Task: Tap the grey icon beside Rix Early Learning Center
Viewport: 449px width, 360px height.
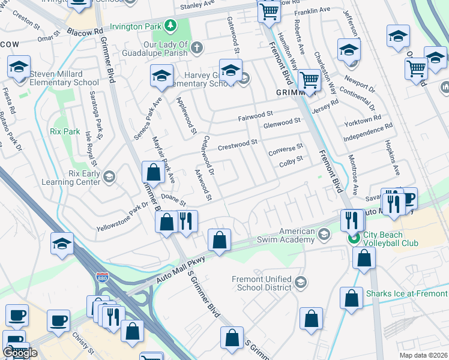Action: [109, 176]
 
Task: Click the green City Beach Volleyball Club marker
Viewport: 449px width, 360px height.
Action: [354, 239]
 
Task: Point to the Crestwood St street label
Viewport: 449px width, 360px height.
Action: [238, 143]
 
